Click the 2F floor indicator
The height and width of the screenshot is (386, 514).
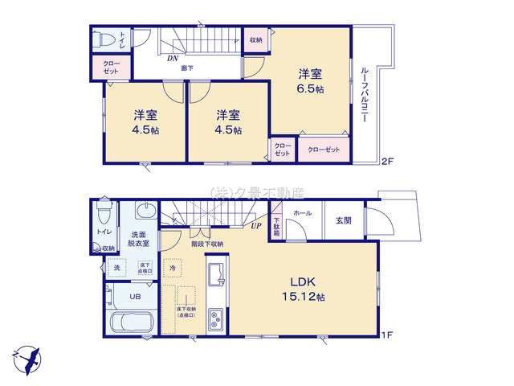(x=386, y=161)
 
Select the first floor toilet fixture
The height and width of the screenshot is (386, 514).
(x=101, y=214)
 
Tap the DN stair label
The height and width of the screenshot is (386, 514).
(x=172, y=58)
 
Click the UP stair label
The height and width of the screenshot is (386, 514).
(x=255, y=227)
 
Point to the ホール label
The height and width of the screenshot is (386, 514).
(x=302, y=212)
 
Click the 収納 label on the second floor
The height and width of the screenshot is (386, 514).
(x=255, y=39)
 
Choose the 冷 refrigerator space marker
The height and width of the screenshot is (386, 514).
(x=172, y=266)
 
